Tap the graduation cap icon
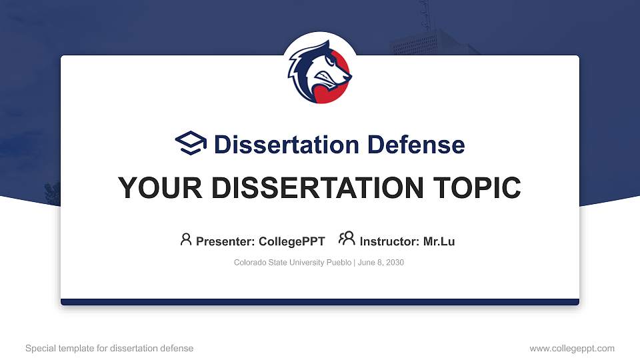point(191,144)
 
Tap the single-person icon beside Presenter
point(186,240)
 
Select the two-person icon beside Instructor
point(347,240)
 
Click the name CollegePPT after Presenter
point(293,241)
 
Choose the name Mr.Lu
point(439,241)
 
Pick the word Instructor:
point(389,241)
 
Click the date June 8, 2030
point(381,263)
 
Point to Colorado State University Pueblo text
point(293,263)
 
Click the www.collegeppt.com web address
point(571,348)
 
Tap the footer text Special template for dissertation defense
point(109,348)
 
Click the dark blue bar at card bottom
point(320,302)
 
